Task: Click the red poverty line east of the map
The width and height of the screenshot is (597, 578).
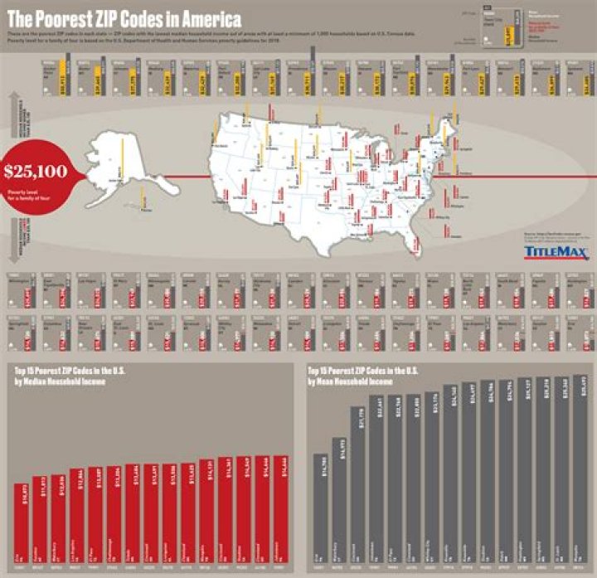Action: click(514, 176)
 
